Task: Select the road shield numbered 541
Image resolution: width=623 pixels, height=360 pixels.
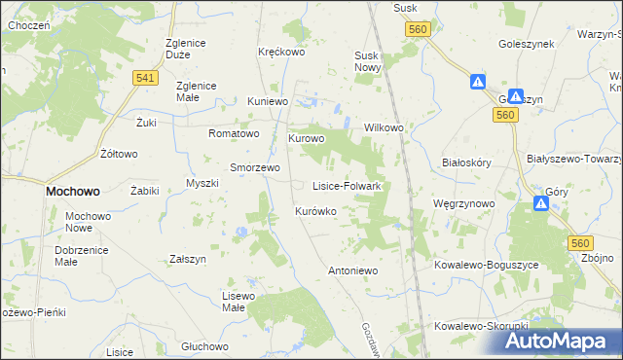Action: (x=146, y=78)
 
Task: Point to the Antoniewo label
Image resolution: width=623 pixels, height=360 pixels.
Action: (x=351, y=270)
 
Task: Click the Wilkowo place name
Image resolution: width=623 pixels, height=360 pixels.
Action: (x=384, y=127)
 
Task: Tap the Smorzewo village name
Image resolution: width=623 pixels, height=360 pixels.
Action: (x=255, y=166)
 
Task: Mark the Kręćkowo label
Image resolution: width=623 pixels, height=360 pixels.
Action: (x=281, y=52)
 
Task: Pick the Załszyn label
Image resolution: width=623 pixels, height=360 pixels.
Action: (x=188, y=260)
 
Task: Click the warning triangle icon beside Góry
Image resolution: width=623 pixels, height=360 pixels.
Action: (x=541, y=203)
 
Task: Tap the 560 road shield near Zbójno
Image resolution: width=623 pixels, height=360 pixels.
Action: (x=581, y=243)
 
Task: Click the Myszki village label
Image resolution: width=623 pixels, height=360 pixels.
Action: (x=202, y=184)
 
